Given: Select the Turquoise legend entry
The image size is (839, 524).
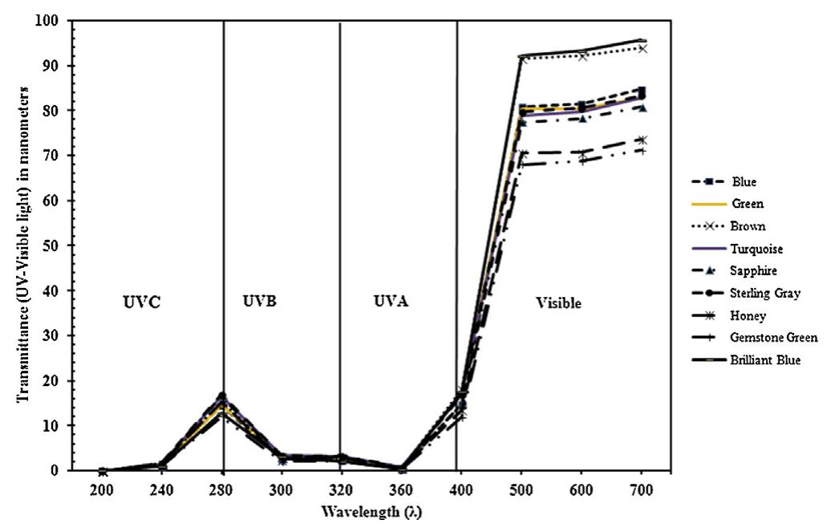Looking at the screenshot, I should pos(755,249).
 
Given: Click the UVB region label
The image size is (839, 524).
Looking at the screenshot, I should pos(259,303).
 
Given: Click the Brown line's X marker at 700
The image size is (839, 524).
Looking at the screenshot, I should pos(642,48).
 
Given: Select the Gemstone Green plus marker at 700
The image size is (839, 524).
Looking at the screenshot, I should pos(642,150).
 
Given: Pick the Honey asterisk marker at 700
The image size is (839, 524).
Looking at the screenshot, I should pos(642,140).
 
